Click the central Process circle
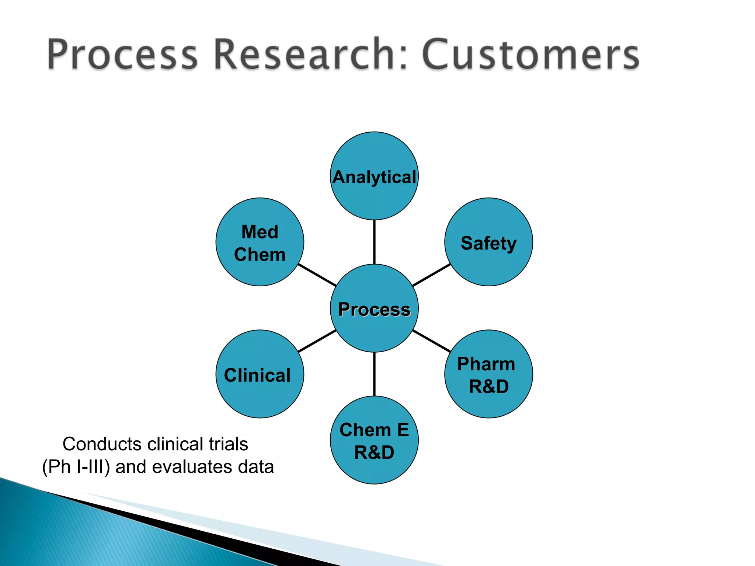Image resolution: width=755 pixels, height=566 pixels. point(374,308)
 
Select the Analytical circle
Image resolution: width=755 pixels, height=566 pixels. point(374,176)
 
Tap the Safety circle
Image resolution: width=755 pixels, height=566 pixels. point(488,242)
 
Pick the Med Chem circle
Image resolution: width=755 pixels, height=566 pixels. point(260,242)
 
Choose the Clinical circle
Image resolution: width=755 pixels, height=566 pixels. point(260,374)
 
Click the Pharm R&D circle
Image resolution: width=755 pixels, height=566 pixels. point(488,374)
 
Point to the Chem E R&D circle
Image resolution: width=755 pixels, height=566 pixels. point(374,440)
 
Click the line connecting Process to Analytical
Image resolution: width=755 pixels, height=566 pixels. point(374,242)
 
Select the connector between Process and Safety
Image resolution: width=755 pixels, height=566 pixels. point(431,275)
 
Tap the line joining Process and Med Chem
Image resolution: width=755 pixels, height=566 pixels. point(317,275)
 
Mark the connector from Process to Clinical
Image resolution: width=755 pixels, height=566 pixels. point(317,341)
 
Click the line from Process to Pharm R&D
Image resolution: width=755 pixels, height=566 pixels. point(431,341)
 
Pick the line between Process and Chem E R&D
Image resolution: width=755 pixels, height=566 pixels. point(374,374)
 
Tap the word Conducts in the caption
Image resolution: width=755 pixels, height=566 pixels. point(102,444)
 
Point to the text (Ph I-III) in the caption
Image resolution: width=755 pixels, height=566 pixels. point(76,467)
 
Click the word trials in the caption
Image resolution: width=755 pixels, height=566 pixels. point(228,444)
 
